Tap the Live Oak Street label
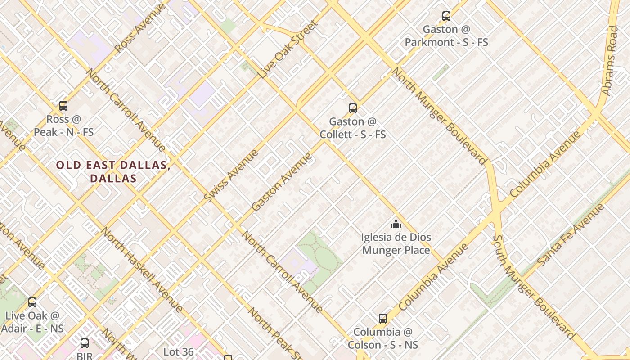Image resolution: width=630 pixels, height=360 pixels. [x=288, y=49]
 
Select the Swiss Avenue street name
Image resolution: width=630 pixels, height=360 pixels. [x=231, y=175]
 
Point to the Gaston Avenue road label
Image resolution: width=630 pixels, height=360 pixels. [x=282, y=182]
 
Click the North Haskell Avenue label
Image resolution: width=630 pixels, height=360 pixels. [x=141, y=270]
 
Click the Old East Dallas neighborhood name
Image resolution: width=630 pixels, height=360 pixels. [x=113, y=171]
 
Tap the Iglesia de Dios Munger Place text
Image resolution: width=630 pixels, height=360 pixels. [x=396, y=243]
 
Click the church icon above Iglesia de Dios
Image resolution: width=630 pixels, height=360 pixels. [x=396, y=224]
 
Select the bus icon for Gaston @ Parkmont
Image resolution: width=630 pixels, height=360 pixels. [x=446, y=16]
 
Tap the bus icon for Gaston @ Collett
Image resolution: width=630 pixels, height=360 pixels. [x=353, y=108]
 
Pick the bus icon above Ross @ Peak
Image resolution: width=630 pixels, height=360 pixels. [x=63, y=106]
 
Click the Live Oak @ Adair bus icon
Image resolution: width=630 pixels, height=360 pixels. [x=32, y=302]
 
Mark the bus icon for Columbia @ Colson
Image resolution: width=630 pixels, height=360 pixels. [x=383, y=319]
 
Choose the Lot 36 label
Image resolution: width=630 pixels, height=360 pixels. [x=179, y=351]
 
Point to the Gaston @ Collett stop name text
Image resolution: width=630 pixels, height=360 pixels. [x=353, y=128]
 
